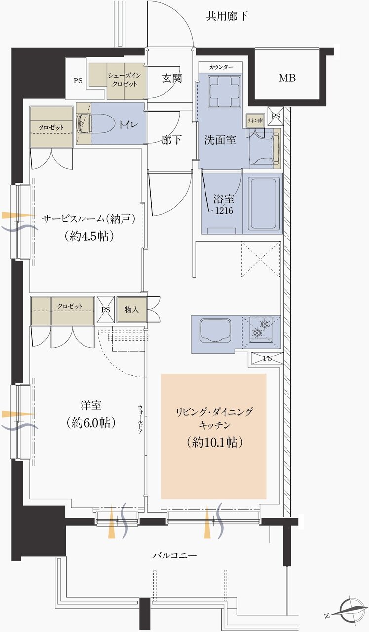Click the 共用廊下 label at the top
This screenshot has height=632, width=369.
tap(227, 17)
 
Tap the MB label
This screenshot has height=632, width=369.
tap(287, 78)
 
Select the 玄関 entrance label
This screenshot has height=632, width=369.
tap(171, 78)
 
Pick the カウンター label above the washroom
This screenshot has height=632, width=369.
tap(221, 66)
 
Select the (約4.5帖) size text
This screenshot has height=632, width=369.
tap(89, 236)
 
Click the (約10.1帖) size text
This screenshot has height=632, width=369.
tap(214, 442)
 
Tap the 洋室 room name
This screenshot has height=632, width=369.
tap(90, 405)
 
